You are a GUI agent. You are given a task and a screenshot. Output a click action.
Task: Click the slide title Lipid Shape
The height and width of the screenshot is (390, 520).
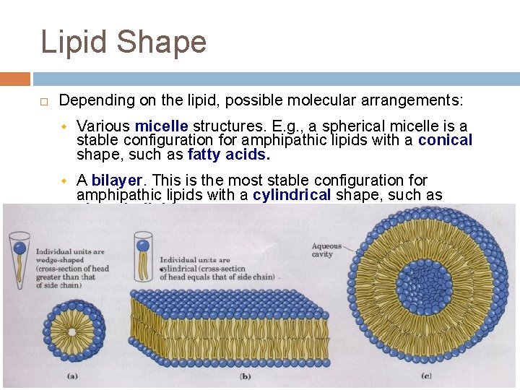[x=123, y=42]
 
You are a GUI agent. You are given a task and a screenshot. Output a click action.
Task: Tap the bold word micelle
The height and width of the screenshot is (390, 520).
[x=161, y=127]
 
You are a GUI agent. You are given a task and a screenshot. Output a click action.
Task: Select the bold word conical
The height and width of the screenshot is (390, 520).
[x=445, y=140]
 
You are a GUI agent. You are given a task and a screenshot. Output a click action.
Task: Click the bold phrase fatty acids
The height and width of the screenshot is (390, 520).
[x=228, y=154]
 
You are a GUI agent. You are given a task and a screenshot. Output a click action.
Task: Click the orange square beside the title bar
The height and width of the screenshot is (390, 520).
[x=14, y=79]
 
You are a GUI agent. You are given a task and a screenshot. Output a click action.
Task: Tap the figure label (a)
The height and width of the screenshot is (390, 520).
[x=72, y=376]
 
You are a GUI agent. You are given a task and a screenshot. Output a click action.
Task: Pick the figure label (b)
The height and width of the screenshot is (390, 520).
[x=245, y=376]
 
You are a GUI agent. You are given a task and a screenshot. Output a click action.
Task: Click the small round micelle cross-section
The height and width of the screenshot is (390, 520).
[x=72, y=332]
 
